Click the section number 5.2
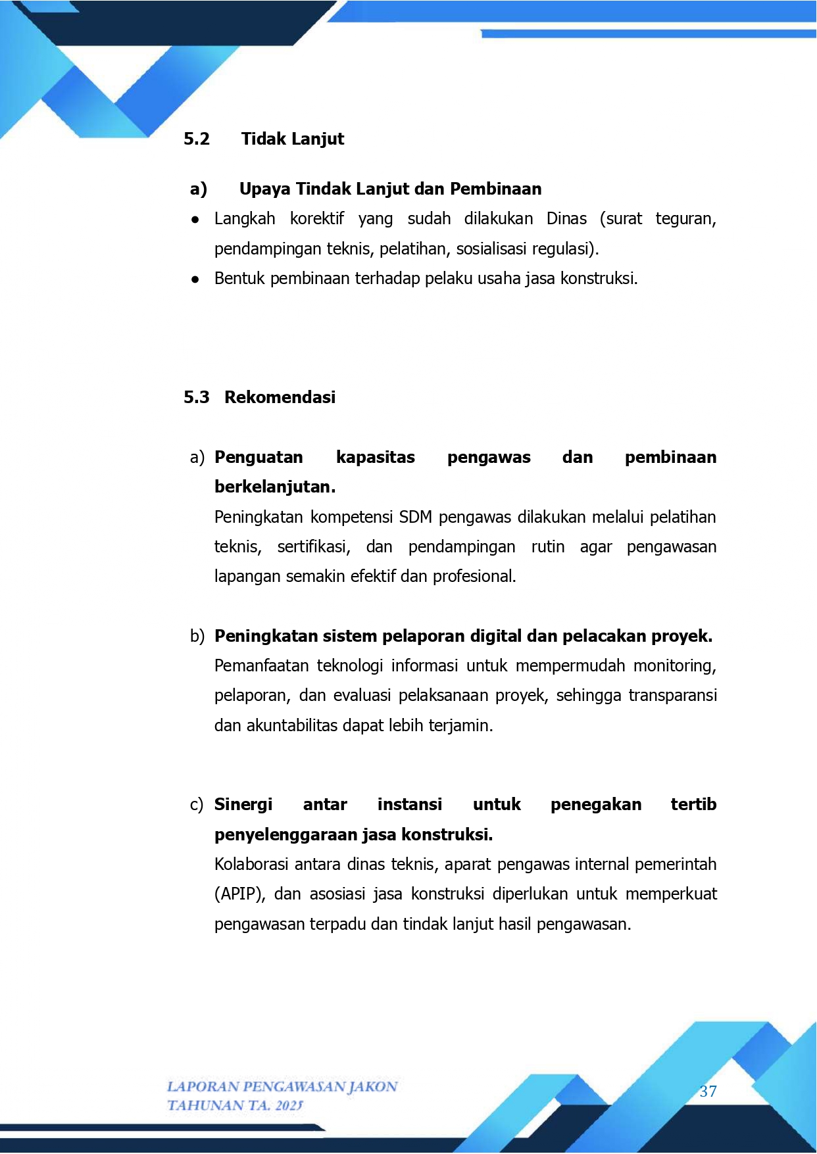pos(196,139)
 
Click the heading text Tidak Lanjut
pos(293,139)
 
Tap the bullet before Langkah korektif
pos(195,220)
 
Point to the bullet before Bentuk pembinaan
pos(195,279)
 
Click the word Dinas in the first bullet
pos(566,218)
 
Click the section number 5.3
pos(196,397)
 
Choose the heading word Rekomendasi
pos(280,397)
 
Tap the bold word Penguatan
pos(259,457)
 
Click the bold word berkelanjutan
pos(274,487)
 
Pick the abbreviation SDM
pos(415,517)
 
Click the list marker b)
pos(197,636)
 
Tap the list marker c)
pos(197,804)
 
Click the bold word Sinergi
pos(243,804)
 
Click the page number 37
pos(708,1092)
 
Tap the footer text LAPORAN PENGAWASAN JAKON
pos(282,1086)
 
